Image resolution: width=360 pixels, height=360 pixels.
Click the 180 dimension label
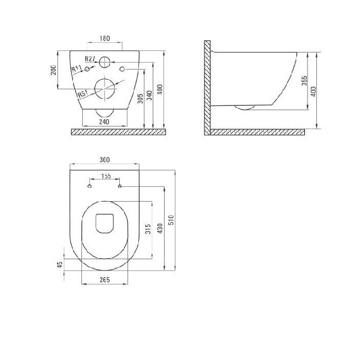tap(105, 39)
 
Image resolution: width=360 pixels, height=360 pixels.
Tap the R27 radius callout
tap(90, 59)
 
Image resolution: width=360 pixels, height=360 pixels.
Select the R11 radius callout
tap(77, 68)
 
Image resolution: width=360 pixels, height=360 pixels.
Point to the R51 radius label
tap(83, 94)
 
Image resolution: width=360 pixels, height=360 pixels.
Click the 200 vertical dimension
tap(53, 70)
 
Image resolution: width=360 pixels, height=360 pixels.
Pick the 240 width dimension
tap(104, 122)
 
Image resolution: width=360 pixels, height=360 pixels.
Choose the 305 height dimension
tap(140, 99)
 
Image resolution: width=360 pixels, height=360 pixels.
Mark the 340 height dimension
tap(150, 96)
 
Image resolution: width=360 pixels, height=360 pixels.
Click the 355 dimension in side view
tap(304, 81)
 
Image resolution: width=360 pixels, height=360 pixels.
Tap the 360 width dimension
tap(105, 160)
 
